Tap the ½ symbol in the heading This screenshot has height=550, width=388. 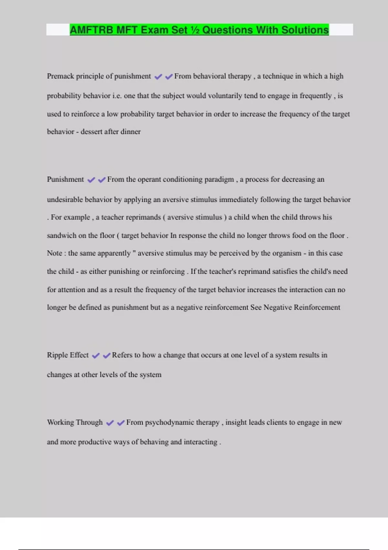[195, 30]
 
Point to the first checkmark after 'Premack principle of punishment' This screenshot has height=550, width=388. [158, 77]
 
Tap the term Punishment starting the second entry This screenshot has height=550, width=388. [65, 180]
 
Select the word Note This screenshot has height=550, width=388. [54, 253]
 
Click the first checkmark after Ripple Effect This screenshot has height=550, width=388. [96, 356]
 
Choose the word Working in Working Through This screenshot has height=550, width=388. [60, 423]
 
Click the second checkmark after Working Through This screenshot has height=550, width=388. [121, 423]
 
